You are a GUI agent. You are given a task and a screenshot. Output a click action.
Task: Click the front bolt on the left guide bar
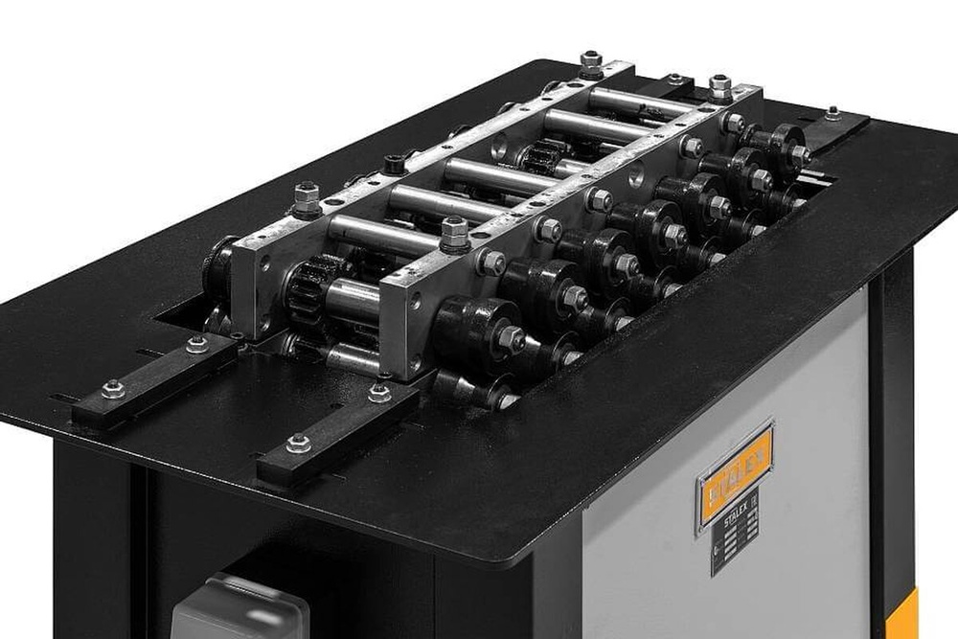pyautogui.click(x=113, y=389)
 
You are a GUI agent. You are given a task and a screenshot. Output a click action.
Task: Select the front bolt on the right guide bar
pyautogui.click(x=298, y=443)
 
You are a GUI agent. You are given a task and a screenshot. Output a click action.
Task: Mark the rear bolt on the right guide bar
pyautogui.click(x=379, y=392)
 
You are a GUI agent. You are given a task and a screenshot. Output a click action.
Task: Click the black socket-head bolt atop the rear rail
pyautogui.click(x=393, y=163)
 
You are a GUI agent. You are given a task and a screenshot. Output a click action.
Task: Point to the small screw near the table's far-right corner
pyautogui.click(x=833, y=113)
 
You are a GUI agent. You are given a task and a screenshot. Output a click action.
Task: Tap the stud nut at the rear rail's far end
pyautogui.click(x=591, y=64)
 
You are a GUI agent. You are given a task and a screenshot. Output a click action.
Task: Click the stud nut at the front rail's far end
pyautogui.click(x=720, y=87)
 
